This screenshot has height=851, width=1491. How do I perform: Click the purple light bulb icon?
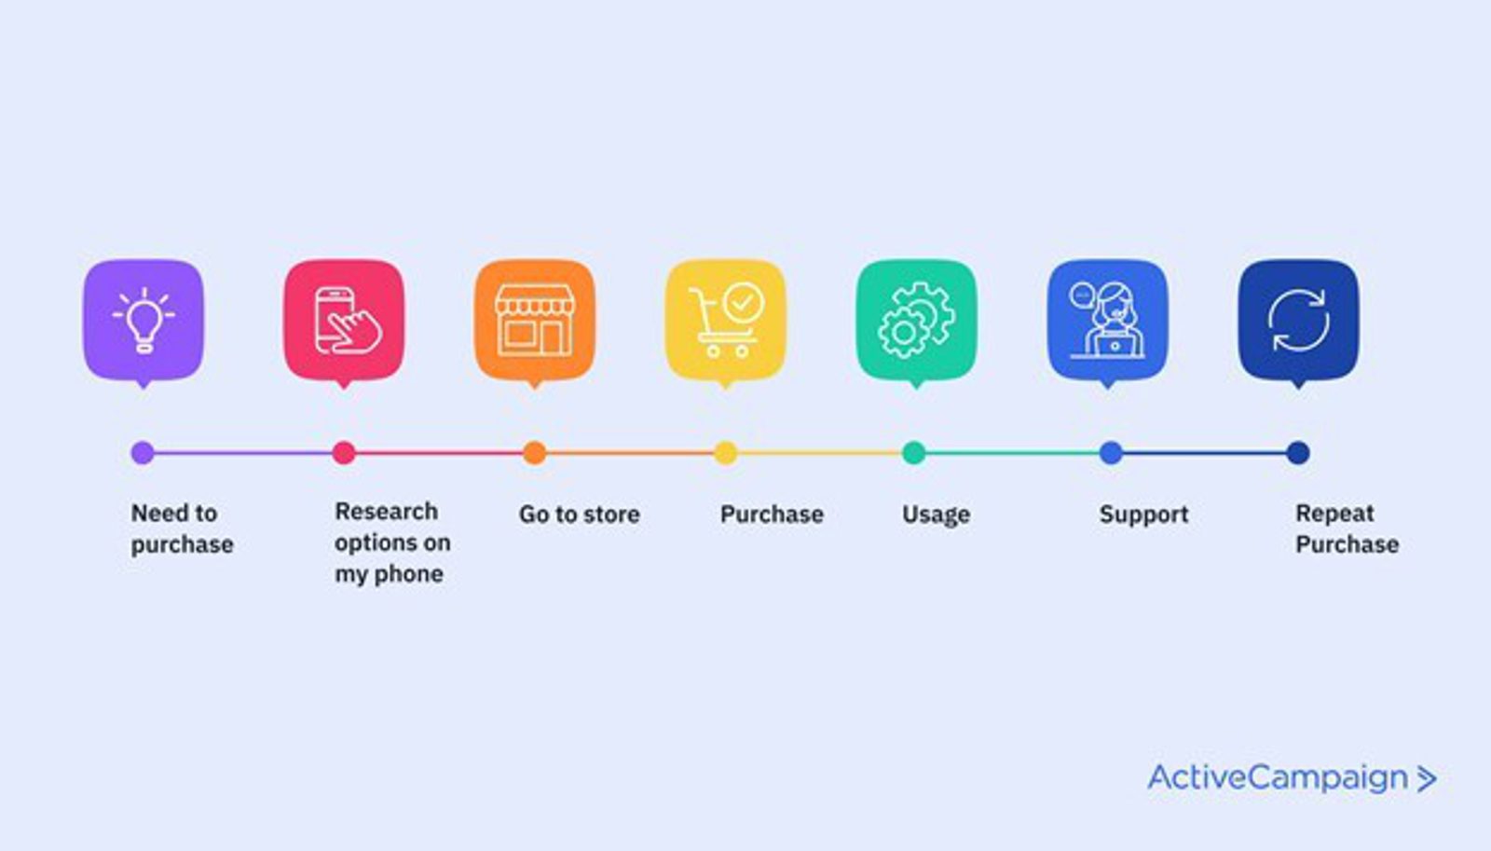click(x=144, y=320)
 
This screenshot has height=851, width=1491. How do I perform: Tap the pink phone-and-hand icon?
click(x=344, y=320)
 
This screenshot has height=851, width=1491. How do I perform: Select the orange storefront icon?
click(x=535, y=320)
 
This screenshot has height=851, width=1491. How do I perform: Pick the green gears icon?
click(x=916, y=320)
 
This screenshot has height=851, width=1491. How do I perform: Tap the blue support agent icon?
click(x=1107, y=320)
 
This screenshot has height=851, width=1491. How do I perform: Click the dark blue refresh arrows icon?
click(x=1298, y=320)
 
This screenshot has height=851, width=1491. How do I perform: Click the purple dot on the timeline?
click(x=143, y=453)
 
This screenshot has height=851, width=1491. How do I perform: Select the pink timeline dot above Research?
click(x=344, y=453)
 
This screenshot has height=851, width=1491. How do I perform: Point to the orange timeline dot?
click(x=534, y=453)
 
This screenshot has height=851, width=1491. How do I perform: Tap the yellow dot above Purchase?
click(x=725, y=453)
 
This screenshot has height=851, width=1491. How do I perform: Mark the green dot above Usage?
click(x=914, y=453)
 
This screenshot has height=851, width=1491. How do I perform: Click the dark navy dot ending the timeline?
click(x=1297, y=453)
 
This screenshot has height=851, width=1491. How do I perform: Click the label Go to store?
click(x=579, y=515)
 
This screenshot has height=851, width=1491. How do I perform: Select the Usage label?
click(x=936, y=515)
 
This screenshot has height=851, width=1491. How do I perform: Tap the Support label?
click(x=1143, y=515)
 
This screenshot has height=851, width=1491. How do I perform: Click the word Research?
click(x=386, y=512)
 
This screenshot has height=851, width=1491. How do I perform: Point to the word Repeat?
click(x=1334, y=514)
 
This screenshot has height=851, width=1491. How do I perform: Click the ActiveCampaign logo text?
click(x=1278, y=777)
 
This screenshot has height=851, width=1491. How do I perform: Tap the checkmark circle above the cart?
click(x=744, y=302)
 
